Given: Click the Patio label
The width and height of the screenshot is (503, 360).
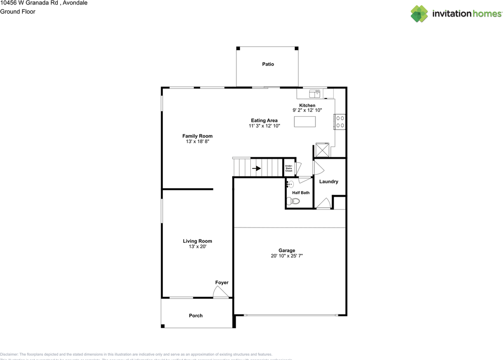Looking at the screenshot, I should tap(268, 64).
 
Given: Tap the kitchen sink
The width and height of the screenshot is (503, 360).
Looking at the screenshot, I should tap(315, 93).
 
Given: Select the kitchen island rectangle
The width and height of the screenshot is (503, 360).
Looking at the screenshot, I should tap(305, 122).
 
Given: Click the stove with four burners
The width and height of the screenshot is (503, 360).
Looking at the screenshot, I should tap(340, 122).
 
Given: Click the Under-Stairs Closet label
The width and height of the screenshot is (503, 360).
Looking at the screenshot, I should tap(288, 168).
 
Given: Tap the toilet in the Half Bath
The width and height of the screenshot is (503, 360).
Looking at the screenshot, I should tap(294, 201).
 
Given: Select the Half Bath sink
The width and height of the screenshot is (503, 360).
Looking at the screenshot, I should tap(290, 185).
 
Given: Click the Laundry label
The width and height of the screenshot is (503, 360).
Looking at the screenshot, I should tap(329, 181).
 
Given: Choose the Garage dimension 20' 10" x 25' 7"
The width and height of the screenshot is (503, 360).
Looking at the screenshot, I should tap(287, 256).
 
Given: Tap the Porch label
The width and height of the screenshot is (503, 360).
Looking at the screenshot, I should tap(196, 316).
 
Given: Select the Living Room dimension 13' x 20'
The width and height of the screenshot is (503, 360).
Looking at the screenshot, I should tap(197, 247).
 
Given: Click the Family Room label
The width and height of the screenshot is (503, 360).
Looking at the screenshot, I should tap(197, 136).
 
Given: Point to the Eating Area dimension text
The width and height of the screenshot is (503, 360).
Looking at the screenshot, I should tap(264, 126).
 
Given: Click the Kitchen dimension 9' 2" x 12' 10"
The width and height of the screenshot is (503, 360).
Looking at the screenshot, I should tap(307, 110).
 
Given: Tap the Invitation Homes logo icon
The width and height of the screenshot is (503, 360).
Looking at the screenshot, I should tap(419, 14).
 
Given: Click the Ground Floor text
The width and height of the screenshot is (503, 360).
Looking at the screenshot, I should tap(18, 11).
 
